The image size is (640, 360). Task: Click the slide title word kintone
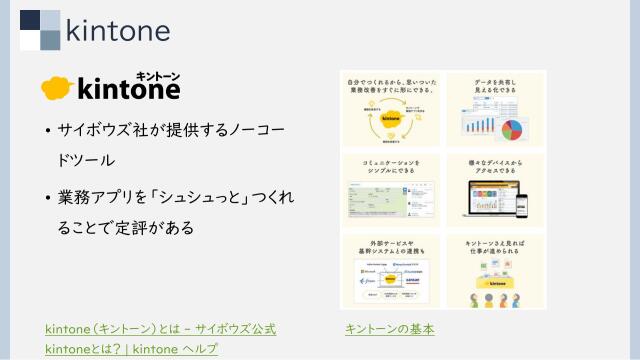(x=117, y=30)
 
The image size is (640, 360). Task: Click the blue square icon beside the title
(x=40, y=29)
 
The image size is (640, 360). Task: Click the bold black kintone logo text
(x=128, y=91)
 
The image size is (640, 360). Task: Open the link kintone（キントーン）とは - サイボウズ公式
(x=160, y=328)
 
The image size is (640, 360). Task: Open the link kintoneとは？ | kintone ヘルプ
(x=131, y=348)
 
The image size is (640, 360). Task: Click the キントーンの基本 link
(x=389, y=328)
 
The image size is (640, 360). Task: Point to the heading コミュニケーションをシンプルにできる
(x=392, y=165)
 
